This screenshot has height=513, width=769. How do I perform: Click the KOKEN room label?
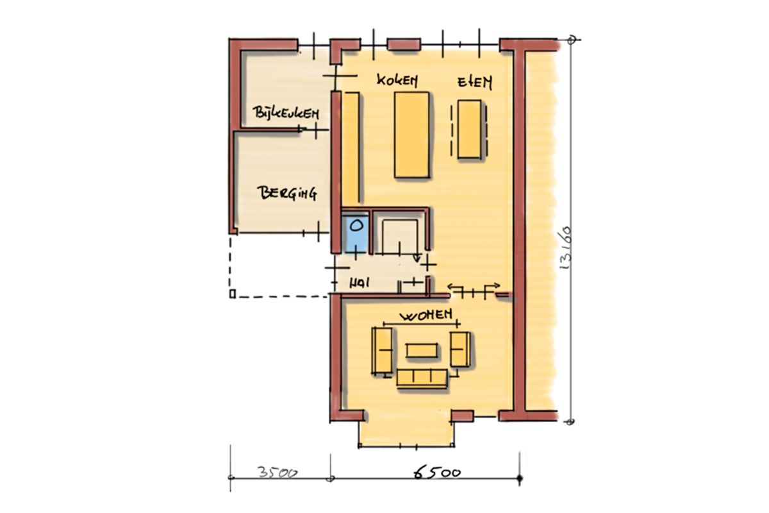point(397,80)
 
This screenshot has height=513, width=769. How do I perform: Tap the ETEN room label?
point(475,83)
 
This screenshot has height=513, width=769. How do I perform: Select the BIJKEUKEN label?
point(286,113)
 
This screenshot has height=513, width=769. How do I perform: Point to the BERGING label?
point(287,194)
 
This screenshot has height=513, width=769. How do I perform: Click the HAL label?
point(360,283)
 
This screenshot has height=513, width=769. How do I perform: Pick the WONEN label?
point(426,314)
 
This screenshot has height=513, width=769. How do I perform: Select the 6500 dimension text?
point(436,473)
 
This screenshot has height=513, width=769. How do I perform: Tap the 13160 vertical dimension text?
point(565,248)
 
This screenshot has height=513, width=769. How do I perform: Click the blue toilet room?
point(355,234)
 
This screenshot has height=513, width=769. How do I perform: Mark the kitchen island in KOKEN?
point(411,135)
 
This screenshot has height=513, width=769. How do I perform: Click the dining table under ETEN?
point(469,129)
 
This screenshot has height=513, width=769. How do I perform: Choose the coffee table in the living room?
point(422,351)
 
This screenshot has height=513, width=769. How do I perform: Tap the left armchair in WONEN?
point(382,351)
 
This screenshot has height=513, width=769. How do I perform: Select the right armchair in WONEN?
point(460,349)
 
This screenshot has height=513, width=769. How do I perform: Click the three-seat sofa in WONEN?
point(422,378)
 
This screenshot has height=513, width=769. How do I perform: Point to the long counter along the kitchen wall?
point(351,147)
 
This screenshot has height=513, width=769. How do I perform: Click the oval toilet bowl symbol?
point(356,226)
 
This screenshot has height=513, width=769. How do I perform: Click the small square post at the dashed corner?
point(233,294)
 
